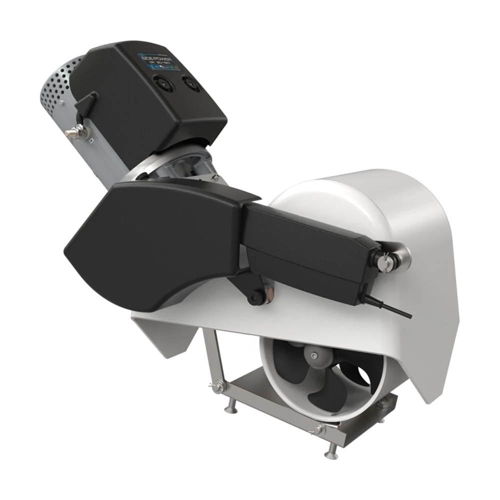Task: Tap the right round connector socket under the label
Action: tap(190, 82)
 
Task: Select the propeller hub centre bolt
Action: tap(313, 355)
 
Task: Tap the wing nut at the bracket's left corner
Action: tap(218, 385)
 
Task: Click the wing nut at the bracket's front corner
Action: tap(315, 428)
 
